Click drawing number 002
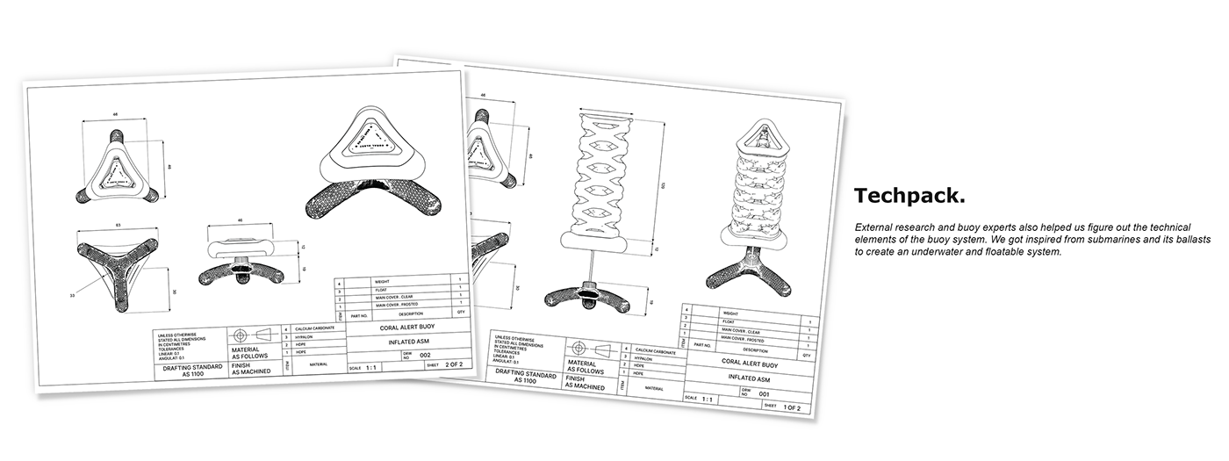[426, 355]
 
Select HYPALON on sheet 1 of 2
[644, 358]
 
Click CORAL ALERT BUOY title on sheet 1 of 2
[749, 362]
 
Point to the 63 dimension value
[117, 226]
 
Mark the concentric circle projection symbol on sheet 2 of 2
[241, 335]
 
